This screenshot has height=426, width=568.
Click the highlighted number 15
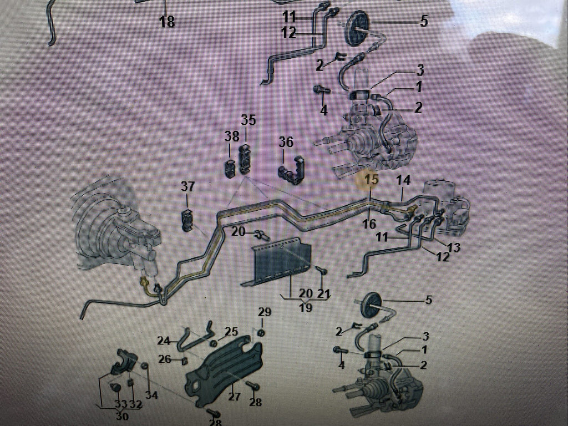click(x=371, y=179)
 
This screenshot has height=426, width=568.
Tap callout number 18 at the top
click(x=166, y=22)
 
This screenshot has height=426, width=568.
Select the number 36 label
click(x=286, y=141)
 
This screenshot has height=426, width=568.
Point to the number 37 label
click(x=187, y=187)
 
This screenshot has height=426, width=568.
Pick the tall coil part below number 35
click(x=246, y=158)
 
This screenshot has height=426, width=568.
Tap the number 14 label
click(x=403, y=180)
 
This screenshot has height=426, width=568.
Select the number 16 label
click(x=369, y=224)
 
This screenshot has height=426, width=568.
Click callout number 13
click(x=453, y=247)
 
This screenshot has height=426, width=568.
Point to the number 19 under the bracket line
click(x=306, y=307)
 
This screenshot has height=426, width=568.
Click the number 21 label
click(x=323, y=293)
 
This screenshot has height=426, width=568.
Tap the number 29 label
click(x=265, y=312)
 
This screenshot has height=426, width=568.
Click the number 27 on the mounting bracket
click(x=235, y=396)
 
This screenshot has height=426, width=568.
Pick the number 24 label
click(x=164, y=341)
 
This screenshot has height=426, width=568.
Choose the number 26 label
click(x=165, y=359)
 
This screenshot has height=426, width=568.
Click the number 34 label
click(x=151, y=395)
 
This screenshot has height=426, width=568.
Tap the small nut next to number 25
click(x=214, y=343)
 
